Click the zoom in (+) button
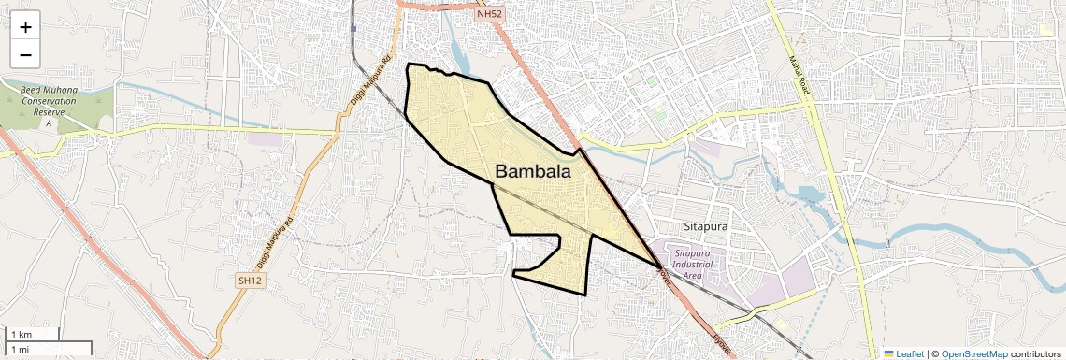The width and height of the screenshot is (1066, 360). pyautogui.click(x=25, y=27)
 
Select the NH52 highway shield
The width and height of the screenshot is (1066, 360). pyautogui.click(x=488, y=14)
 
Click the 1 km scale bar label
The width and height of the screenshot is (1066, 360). pyautogui.click(x=21, y=335)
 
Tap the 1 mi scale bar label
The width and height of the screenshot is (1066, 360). pyautogui.click(x=20, y=349)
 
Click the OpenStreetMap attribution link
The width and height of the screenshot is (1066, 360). pyautogui.click(x=974, y=353)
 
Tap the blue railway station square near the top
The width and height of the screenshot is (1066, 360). pyautogui.click(x=354, y=28)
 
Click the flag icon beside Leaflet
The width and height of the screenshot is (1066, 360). pyautogui.click(x=888, y=353)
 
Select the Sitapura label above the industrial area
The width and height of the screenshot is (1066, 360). pyautogui.click(x=705, y=226)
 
